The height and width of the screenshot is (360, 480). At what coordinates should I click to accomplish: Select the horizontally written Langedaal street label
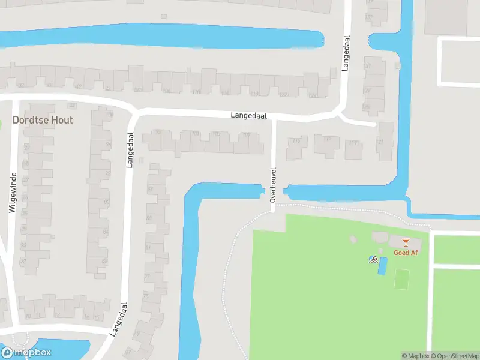[249, 115]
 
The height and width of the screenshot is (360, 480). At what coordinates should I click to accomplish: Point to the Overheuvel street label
[272, 184]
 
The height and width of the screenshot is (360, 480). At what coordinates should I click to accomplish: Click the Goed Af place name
[406, 253]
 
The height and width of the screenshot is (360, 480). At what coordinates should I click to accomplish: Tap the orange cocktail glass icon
[406, 242]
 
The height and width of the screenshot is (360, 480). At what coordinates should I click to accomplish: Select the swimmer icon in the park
[373, 260]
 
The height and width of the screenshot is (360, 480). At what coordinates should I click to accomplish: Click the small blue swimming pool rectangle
[382, 266]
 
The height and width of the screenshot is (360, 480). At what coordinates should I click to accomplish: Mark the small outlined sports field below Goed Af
[402, 278]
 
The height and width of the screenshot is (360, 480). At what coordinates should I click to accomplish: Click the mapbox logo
[26, 353]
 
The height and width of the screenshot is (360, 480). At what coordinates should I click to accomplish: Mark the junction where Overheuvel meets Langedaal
[274, 118]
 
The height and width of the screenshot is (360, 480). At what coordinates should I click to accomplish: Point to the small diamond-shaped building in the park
[353, 239]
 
